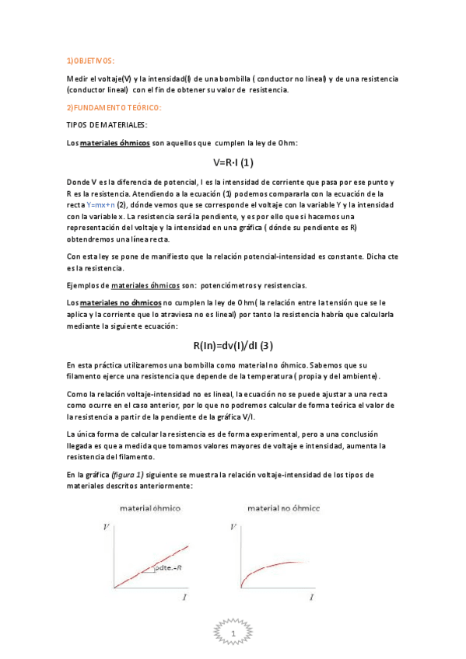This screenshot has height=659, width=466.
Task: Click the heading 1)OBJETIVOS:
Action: [x=90, y=60]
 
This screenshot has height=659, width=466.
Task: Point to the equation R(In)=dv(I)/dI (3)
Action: [x=233, y=346]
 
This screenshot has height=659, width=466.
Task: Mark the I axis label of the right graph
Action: [x=311, y=597]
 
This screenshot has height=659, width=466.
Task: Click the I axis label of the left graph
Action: [x=184, y=597]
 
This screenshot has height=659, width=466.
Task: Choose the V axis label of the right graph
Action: [x=233, y=528]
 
